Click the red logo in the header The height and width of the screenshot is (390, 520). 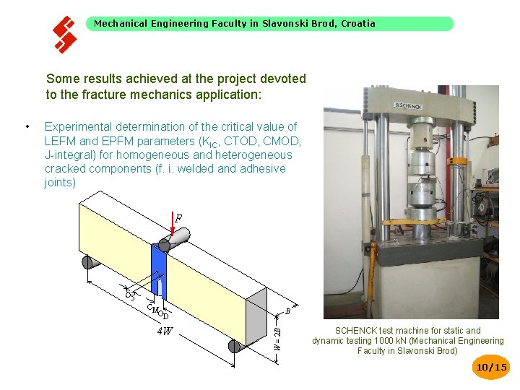(64, 34)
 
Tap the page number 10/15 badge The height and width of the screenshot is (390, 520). (491, 368)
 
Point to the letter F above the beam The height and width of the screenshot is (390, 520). (178, 217)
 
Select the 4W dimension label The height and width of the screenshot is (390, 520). (165, 332)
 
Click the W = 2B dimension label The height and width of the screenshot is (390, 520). (278, 336)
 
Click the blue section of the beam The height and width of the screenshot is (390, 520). (159, 271)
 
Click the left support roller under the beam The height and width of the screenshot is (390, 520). (90, 262)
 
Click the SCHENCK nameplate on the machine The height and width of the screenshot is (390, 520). (409, 105)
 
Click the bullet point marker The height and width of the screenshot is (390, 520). (27, 127)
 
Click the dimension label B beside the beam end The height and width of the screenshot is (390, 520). (287, 312)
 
